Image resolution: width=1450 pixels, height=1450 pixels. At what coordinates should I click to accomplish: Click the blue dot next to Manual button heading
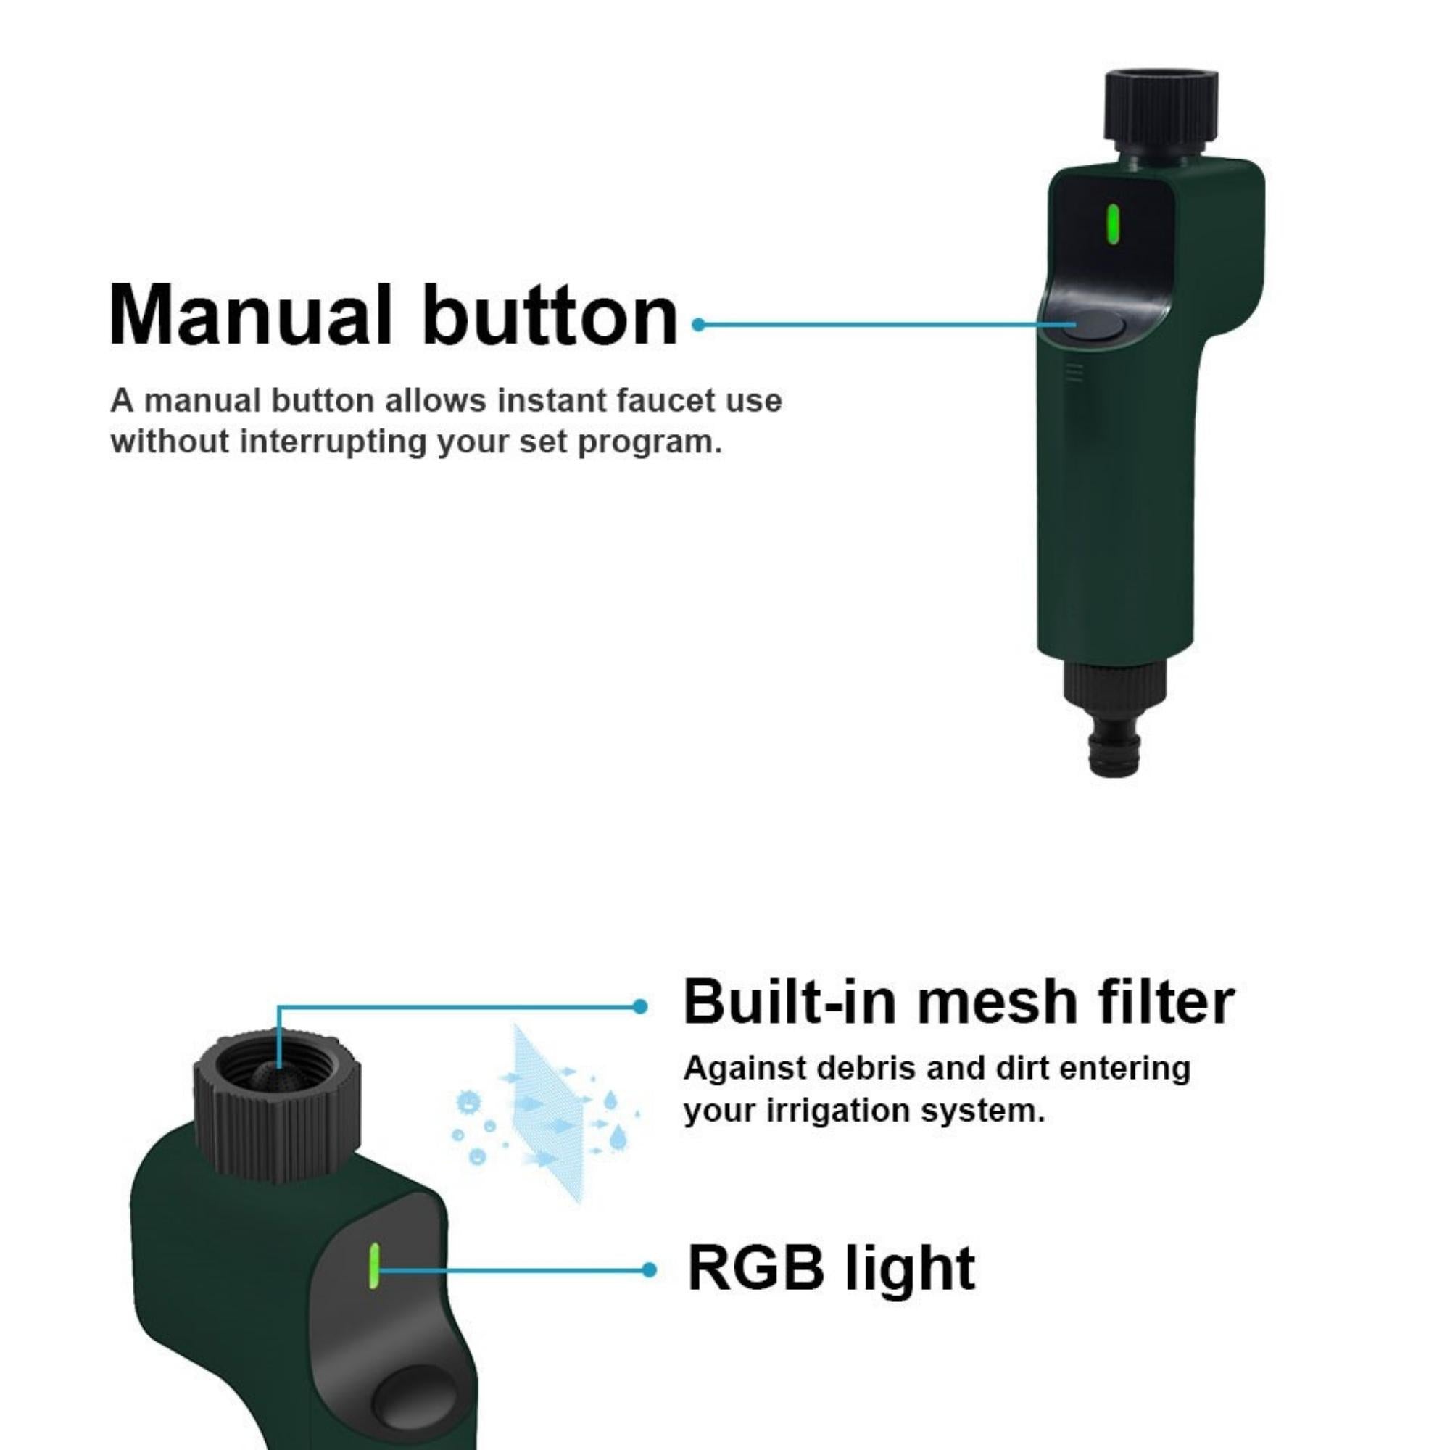click(698, 325)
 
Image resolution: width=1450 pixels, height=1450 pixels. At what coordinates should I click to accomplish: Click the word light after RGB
click(910, 1269)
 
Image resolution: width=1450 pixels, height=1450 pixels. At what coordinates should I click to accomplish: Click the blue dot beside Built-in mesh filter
click(639, 1007)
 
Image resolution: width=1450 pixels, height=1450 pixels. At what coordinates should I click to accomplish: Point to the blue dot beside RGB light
click(649, 1270)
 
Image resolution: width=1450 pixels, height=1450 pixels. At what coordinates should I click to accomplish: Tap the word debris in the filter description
click(850, 1069)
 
